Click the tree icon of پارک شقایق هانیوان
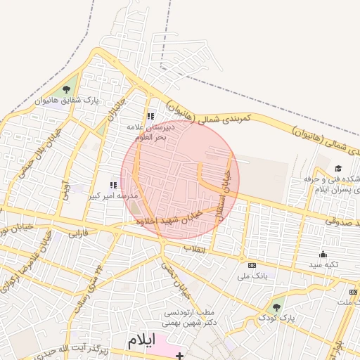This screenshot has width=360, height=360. point(67,89)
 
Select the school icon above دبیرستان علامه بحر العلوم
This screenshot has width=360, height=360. point(150,117)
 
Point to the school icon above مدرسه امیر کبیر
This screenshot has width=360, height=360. point(114,185)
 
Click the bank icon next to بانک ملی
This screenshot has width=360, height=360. point(252,265)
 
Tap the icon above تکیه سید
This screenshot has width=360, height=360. point(323,254)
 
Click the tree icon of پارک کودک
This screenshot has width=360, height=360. point(276,306)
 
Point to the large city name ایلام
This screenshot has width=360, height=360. point(140,340)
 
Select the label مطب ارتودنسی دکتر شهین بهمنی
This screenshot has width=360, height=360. point(192,317)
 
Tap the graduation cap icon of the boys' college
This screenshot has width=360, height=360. point(338,169)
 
